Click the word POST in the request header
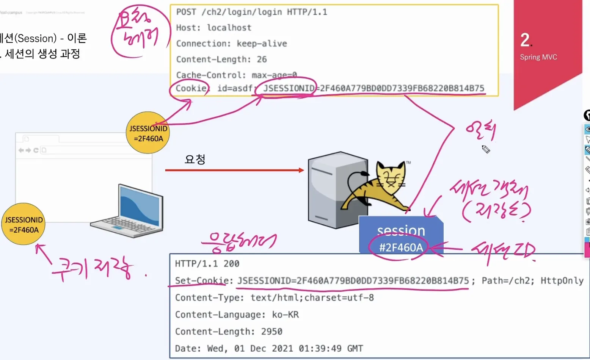click(186, 12)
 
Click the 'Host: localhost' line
click(213, 28)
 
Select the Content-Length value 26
click(262, 59)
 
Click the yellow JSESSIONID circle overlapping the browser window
click(148, 133)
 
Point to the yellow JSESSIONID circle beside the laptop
click(24, 224)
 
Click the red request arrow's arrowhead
click(301, 171)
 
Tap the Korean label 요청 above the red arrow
click(195, 159)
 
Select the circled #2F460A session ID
click(401, 248)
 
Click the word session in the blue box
click(401, 230)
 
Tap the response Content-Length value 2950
click(271, 332)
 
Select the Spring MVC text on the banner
click(538, 57)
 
